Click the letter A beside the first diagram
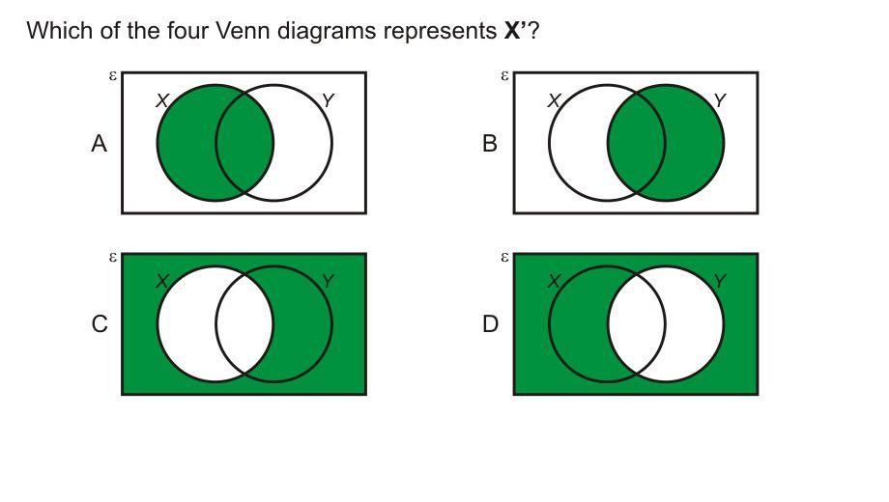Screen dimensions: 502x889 pyautogui.click(x=99, y=144)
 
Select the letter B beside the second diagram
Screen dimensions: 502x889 pyautogui.click(x=490, y=144)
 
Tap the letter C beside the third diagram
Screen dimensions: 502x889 pyautogui.click(x=100, y=324)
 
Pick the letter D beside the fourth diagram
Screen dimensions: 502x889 pyautogui.click(x=490, y=324)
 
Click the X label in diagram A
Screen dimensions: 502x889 pyautogui.click(x=162, y=100)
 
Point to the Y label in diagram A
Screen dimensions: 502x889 pyautogui.click(x=328, y=100)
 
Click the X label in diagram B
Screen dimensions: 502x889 pyautogui.click(x=554, y=100)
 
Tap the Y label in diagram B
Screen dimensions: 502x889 pyautogui.click(x=719, y=100)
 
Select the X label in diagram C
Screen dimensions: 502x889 pyautogui.click(x=162, y=281)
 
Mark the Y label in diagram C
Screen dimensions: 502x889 pyautogui.click(x=328, y=281)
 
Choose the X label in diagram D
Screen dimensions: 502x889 pyautogui.click(x=554, y=281)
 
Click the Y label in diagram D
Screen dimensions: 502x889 pyautogui.click(x=719, y=281)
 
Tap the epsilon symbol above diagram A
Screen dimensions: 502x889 pyautogui.click(x=113, y=75)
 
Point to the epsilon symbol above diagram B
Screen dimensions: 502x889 pyautogui.click(x=504, y=75)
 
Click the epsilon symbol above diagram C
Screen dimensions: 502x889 pyautogui.click(x=113, y=257)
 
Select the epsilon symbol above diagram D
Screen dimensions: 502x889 pyautogui.click(x=504, y=257)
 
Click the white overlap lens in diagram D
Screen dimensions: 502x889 pyautogui.click(x=636, y=324)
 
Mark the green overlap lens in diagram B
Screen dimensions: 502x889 pyautogui.click(x=636, y=144)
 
